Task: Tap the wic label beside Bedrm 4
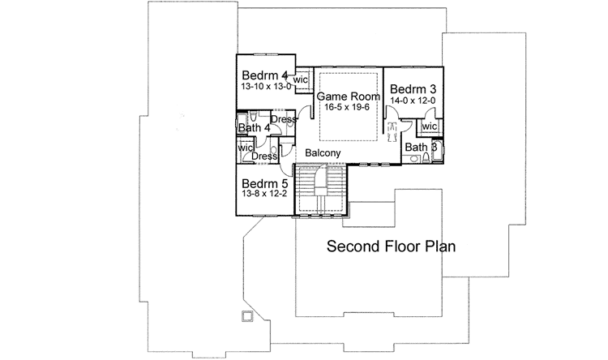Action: [300, 80]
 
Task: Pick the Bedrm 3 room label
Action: [413, 88]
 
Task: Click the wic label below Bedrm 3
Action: [430, 126]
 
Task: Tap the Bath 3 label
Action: [422, 148]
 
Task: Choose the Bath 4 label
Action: [254, 128]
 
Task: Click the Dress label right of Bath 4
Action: [284, 120]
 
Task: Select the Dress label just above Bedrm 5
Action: [265, 156]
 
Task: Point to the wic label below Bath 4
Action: [245, 148]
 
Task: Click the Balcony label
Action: [323, 152]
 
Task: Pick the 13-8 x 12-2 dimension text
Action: [265, 195]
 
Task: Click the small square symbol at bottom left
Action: [246, 315]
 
